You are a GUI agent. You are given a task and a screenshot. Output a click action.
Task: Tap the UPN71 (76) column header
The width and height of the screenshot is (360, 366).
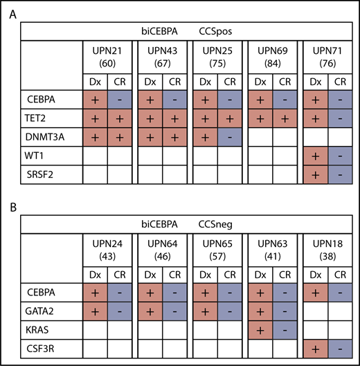coord(324,60)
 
